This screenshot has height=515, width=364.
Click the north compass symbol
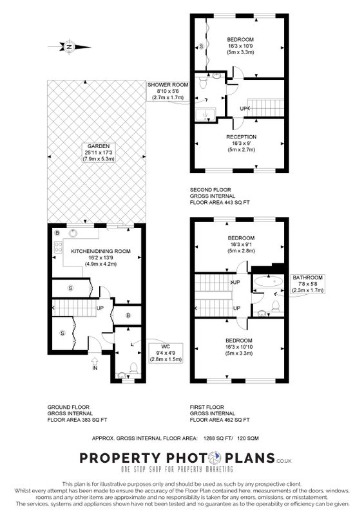tap(70, 46)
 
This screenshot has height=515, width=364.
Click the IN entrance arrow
tap(95, 364)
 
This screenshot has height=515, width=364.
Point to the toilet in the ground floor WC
tap(134, 368)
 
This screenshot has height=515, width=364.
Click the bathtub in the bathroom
tap(269, 281)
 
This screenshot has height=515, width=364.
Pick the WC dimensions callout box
tap(166, 353)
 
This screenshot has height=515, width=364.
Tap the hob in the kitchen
tap(59, 247)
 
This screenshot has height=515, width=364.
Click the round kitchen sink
tap(73, 233)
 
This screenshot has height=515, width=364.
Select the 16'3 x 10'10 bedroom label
tap(239, 347)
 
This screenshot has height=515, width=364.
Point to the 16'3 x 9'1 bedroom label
tap(241, 245)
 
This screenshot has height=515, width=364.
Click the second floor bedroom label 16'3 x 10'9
tap(240, 46)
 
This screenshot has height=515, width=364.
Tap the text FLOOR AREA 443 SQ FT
tap(220, 203)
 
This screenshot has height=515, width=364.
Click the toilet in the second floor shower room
tap(202, 82)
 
